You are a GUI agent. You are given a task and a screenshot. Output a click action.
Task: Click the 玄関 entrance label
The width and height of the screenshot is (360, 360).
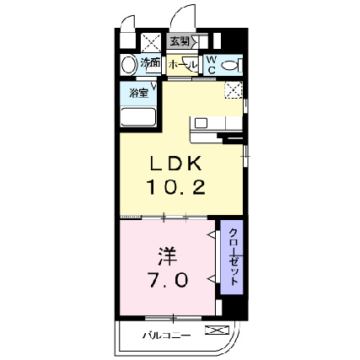pyautogui.click(x=179, y=40)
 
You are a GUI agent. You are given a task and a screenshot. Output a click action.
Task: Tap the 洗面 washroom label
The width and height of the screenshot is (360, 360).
pyautogui.click(x=150, y=63)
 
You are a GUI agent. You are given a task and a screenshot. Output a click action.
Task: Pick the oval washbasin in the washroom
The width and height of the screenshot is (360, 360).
pyautogui.click(x=129, y=64)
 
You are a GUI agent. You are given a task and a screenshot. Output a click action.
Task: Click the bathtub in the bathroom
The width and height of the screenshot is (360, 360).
pyautogui.click(x=140, y=116)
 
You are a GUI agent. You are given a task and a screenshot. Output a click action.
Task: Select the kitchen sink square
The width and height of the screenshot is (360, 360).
pyautogui.click(x=201, y=123)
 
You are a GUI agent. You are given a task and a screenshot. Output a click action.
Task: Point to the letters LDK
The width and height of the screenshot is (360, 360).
pyautogui.click(x=177, y=164)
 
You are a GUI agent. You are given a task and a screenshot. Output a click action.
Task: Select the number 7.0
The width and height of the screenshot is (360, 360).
pyautogui.click(x=169, y=279)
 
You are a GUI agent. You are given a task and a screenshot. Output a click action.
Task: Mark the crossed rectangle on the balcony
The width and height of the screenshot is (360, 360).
pyautogui.click(x=217, y=331)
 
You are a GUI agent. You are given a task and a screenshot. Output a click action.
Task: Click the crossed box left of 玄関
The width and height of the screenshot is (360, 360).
pyautogui.click(x=152, y=41)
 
